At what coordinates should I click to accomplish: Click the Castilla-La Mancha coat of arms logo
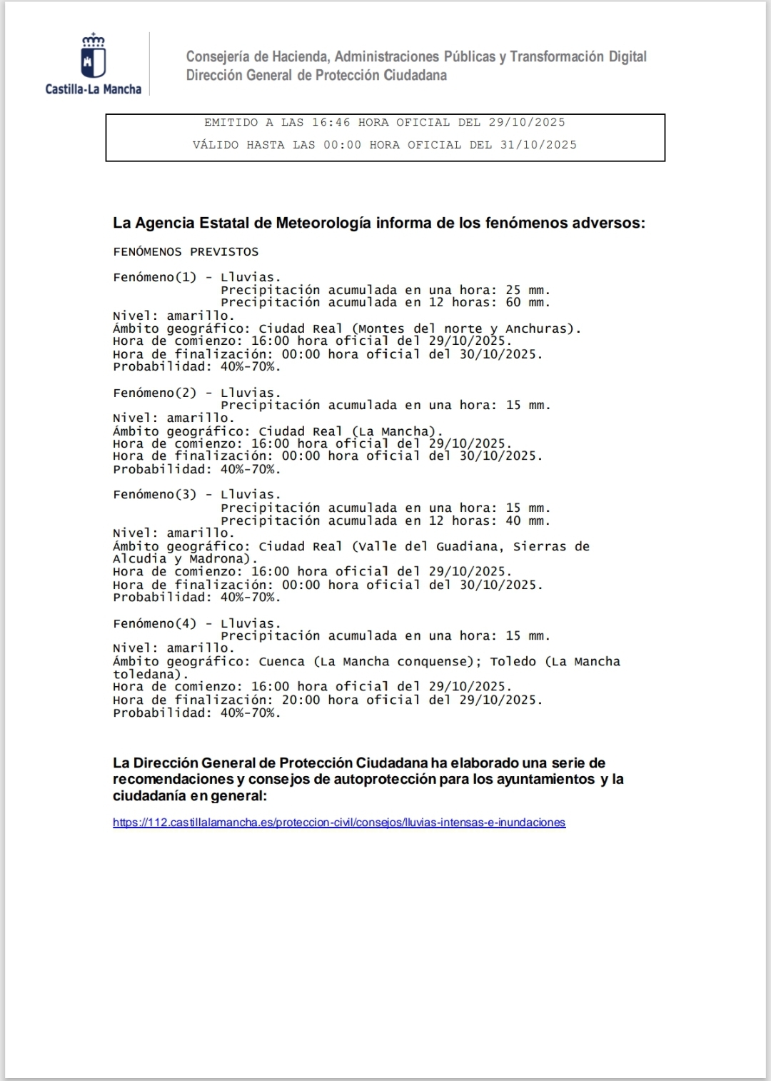[x=94, y=56]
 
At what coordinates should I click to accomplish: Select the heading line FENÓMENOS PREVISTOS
[x=186, y=252]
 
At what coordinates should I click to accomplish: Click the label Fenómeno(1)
[x=154, y=277]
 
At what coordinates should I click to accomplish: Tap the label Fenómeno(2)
[x=154, y=393]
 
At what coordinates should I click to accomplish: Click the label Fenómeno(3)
[x=154, y=494]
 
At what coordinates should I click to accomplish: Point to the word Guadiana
[x=467, y=546]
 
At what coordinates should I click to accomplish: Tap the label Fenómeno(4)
[x=154, y=623]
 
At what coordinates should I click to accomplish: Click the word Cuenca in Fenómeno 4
[x=281, y=661]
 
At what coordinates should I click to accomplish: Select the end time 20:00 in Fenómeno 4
[x=301, y=700]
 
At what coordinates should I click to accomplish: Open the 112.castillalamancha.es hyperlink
[x=339, y=823]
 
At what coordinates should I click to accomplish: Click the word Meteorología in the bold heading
[x=323, y=223]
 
